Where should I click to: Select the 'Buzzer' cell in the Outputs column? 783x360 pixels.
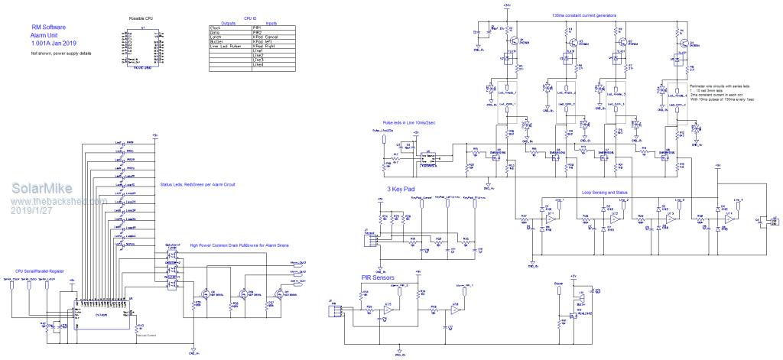click(x=217, y=42)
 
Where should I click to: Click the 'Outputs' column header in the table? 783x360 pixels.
click(x=228, y=23)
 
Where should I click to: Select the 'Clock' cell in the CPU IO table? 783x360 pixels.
click(x=216, y=28)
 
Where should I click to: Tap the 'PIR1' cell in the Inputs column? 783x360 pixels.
click(x=258, y=28)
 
